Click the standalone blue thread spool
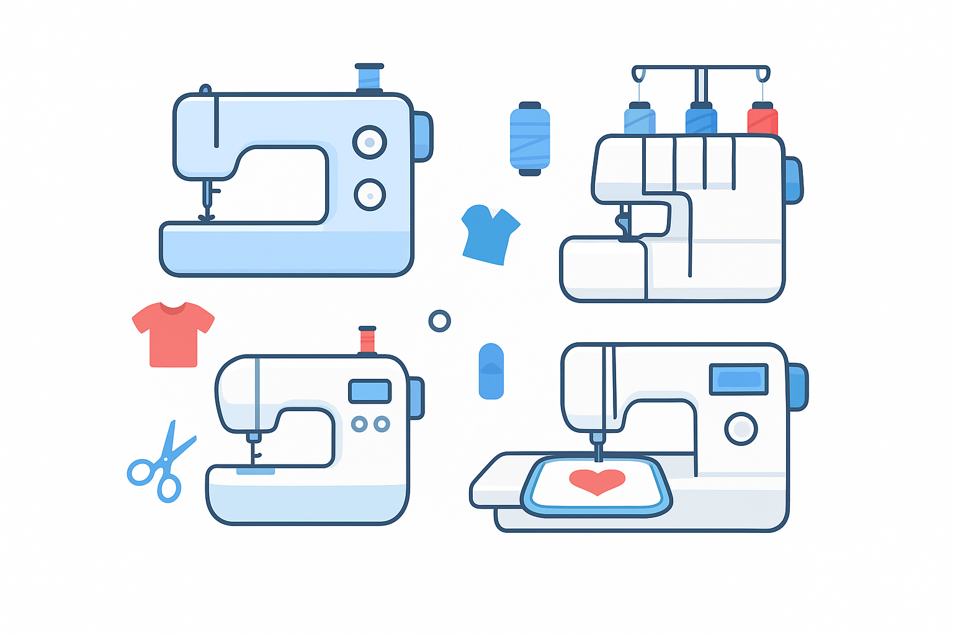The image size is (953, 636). [x=530, y=139]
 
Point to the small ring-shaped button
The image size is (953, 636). [x=439, y=321]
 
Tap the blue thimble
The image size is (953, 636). [x=491, y=371]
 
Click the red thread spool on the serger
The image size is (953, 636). [x=763, y=119]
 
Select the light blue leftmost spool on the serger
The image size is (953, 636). [x=640, y=119]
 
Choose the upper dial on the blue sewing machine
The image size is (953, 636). [x=370, y=142]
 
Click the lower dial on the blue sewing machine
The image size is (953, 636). [x=370, y=195]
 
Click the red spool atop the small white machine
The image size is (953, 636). [x=367, y=340]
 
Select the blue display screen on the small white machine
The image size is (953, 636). [x=370, y=391]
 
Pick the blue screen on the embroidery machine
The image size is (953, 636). [x=738, y=379]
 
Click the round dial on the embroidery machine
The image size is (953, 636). [x=741, y=429]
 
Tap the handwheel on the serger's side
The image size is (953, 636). [x=793, y=180]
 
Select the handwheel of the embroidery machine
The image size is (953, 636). [x=797, y=387]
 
